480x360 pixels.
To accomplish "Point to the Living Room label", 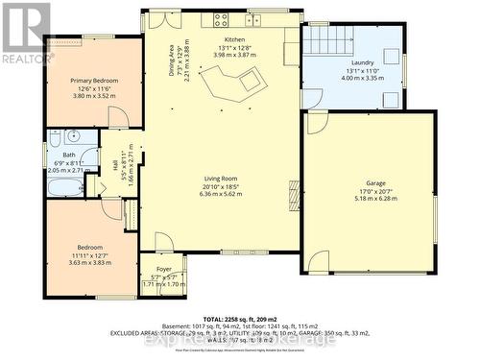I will click(221, 177).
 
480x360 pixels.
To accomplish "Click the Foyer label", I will click(162, 270).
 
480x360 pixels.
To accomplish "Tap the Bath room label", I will click(69, 155).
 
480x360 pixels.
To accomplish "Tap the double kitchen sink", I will click(256, 18).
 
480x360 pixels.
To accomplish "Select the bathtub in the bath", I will click(64, 183).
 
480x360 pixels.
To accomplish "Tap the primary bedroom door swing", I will click(118, 118).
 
